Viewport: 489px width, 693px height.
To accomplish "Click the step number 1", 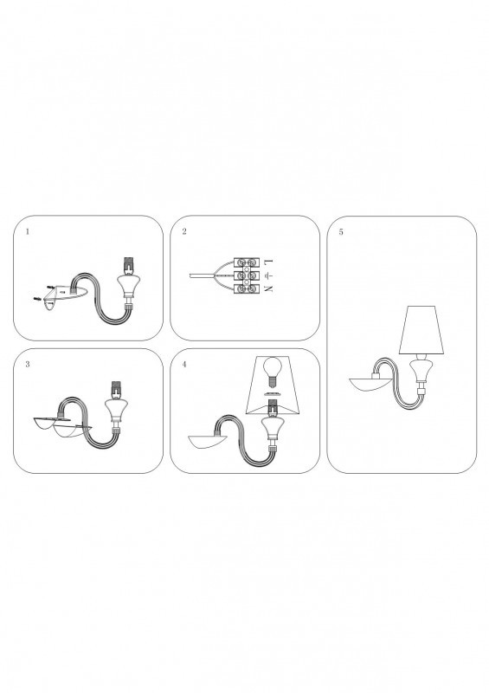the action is pyautogui.click(x=28, y=231).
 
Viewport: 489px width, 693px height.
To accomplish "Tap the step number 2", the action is pyautogui.click(x=184, y=231).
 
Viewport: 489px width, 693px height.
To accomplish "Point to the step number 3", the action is pyautogui.click(x=28, y=365).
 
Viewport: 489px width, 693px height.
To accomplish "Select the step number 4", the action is pyautogui.click(x=184, y=365).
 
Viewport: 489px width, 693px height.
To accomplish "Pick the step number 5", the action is pyautogui.click(x=341, y=232).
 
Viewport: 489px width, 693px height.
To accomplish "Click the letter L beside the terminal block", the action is pyautogui.click(x=268, y=262).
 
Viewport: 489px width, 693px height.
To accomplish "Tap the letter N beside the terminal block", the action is pyautogui.click(x=268, y=289).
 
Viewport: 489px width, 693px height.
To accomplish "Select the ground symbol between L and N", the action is pyautogui.click(x=268, y=275).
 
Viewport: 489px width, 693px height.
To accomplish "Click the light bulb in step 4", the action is pyautogui.click(x=272, y=372).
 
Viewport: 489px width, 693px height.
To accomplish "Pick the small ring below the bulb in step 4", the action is pyautogui.click(x=272, y=393).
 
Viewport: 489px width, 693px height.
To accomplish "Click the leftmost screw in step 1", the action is pyautogui.click(x=36, y=299).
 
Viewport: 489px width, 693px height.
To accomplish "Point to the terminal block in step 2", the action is pyautogui.click(x=246, y=275).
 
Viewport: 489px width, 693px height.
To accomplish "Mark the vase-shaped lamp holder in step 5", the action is pyautogui.click(x=419, y=371).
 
